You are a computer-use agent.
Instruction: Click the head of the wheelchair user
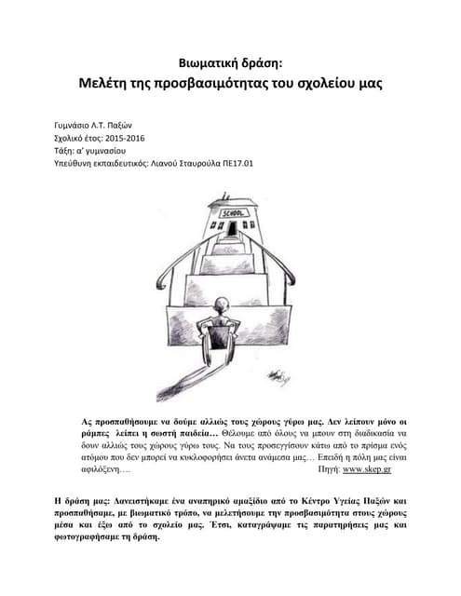(220, 306)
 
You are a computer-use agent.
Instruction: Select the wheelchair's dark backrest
(220, 331)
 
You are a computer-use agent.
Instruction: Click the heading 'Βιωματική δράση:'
(230, 63)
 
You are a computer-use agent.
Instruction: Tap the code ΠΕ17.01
(237, 161)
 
